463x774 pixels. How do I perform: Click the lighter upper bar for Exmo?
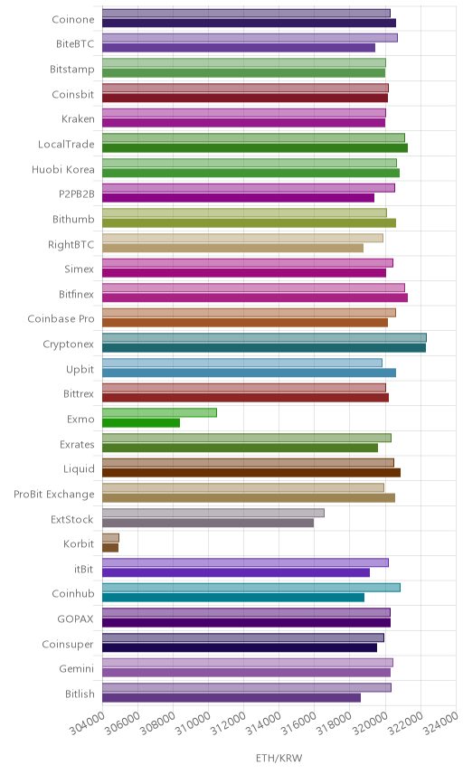click(x=159, y=412)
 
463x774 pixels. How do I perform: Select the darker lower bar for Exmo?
click(x=141, y=423)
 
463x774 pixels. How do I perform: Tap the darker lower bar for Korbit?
click(x=110, y=548)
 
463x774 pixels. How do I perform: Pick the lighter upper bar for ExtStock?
click(x=213, y=513)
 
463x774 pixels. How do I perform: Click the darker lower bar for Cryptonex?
click(x=264, y=348)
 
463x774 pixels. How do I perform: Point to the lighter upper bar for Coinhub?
click(x=251, y=588)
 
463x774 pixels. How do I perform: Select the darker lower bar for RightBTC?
click(x=233, y=248)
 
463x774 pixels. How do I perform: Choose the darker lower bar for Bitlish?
click(x=231, y=698)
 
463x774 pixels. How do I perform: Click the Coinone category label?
click(x=73, y=19)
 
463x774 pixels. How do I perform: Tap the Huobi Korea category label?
click(x=63, y=169)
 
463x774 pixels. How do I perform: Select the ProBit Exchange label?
click(x=53, y=494)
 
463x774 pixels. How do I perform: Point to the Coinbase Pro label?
click(x=61, y=319)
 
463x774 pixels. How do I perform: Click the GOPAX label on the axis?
click(x=76, y=619)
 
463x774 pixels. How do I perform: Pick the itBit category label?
click(x=84, y=569)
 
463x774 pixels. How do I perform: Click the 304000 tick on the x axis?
click(x=87, y=722)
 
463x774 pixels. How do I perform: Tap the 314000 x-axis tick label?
click(x=263, y=722)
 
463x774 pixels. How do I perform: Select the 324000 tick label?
click(x=440, y=722)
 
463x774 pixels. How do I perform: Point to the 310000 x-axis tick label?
click(x=193, y=722)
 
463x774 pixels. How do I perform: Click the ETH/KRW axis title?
click(x=279, y=759)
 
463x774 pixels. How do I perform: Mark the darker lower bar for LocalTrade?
click(x=255, y=148)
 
